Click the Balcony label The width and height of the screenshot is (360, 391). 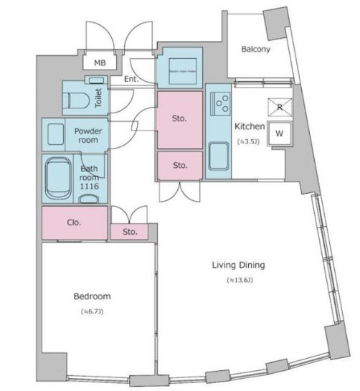pyautogui.click(x=255, y=50)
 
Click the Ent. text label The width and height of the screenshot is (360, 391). pyautogui.click(x=131, y=79)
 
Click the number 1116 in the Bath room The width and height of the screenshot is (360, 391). pyautogui.click(x=88, y=187)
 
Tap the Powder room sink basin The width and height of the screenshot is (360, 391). pyautogui.click(x=55, y=133)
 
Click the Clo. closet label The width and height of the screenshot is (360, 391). pyautogui.click(x=74, y=222)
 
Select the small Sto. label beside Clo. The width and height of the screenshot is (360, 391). pyautogui.click(x=129, y=232)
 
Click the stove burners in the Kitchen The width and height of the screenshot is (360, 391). pyautogui.click(x=218, y=105)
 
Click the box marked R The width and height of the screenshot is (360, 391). pyautogui.click(x=279, y=106)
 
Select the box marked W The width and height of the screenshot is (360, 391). pyautogui.click(x=279, y=133)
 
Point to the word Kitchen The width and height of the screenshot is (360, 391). pyautogui.click(x=250, y=127)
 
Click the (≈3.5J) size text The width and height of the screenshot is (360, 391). pyautogui.click(x=250, y=141)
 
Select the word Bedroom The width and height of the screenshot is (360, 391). pyautogui.click(x=92, y=296)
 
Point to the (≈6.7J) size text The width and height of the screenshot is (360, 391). pyautogui.click(x=92, y=311)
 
